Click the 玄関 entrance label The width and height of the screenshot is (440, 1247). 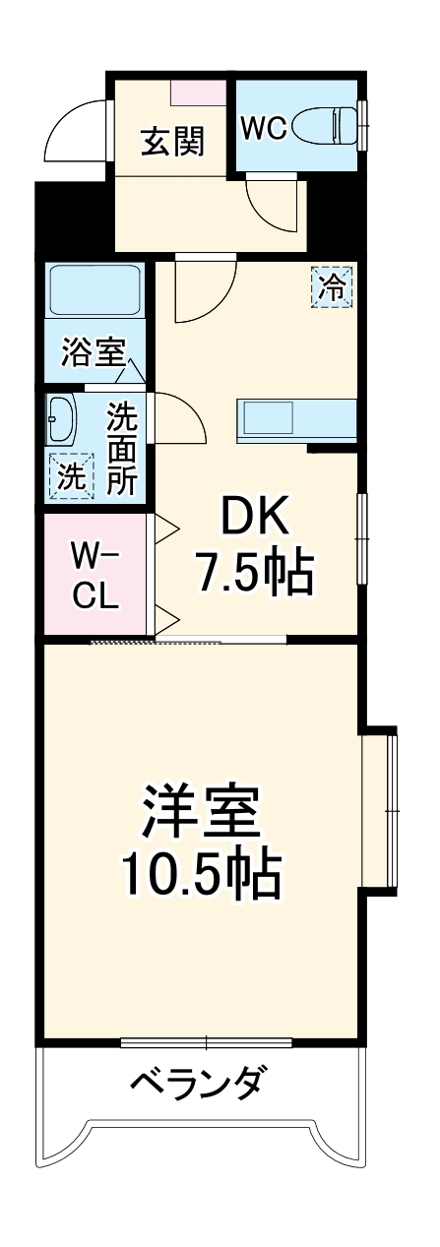172,142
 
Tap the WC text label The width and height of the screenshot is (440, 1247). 264,128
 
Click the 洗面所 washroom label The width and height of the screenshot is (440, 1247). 122,448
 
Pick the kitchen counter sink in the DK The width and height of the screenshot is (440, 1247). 295,420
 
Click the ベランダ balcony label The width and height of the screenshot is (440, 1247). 197,1083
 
